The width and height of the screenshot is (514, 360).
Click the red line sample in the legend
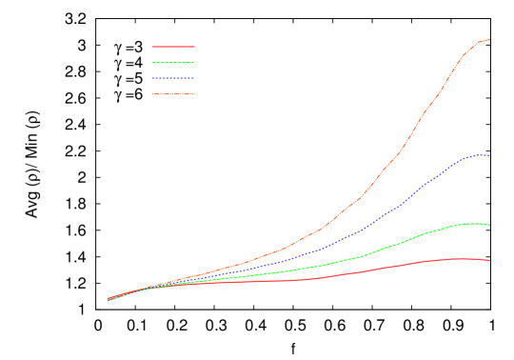click(x=173, y=46)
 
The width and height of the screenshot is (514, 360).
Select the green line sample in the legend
click(x=173, y=63)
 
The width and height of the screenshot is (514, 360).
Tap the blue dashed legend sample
click(x=173, y=78)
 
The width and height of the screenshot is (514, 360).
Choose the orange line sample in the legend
click(x=173, y=94)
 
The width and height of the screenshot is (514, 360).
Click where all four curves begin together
click(x=108, y=299)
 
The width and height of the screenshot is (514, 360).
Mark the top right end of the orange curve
click(x=489, y=40)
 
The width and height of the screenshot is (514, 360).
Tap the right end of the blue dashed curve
click(x=489, y=155)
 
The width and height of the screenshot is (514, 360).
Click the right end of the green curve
click(x=490, y=225)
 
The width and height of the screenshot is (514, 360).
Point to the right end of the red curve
click(x=490, y=260)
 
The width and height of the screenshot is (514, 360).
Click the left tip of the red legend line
click(x=152, y=46)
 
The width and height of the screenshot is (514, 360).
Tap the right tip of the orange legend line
click(x=194, y=94)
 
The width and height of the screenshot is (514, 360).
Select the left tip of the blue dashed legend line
click(x=152, y=78)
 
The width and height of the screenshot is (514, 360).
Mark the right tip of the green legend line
click(x=194, y=63)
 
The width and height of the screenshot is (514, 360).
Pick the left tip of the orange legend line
click(x=152, y=94)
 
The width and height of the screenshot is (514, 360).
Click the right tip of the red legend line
click(x=194, y=46)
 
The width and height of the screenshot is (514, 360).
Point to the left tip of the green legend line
click(x=152, y=63)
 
